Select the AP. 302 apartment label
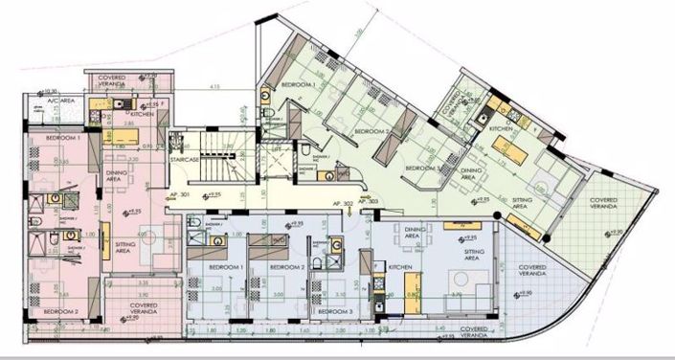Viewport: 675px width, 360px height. [342, 205]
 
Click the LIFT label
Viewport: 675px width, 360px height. [276, 150]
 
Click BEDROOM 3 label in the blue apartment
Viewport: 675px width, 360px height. [334, 312]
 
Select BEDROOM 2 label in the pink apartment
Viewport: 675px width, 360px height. [61, 312]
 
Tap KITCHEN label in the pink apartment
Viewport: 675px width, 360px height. [142, 114]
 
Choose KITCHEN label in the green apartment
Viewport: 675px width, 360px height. [502, 127]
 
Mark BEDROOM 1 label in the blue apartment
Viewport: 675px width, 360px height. [230, 265]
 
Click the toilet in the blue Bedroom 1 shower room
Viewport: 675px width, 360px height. [194, 225]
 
